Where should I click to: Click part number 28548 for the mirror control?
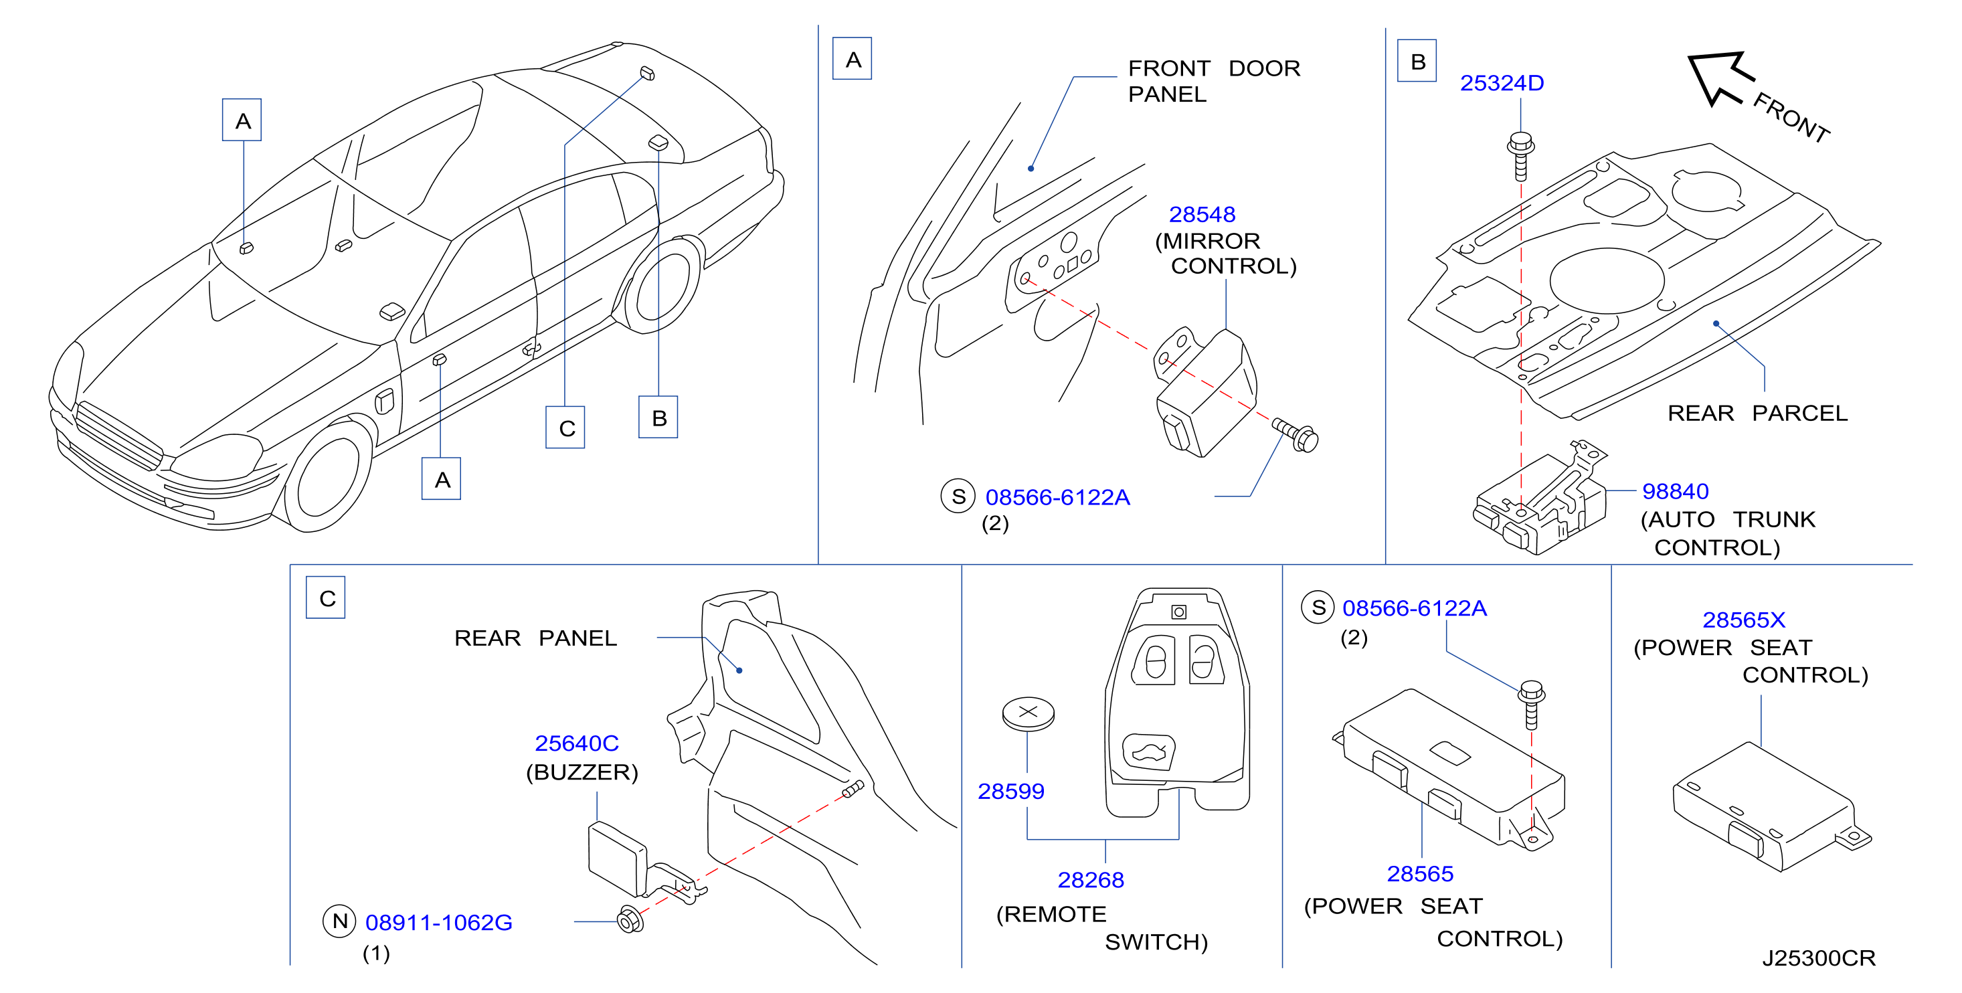pos(1202,215)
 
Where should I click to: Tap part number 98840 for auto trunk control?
pos(1675,491)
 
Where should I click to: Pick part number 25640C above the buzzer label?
pos(577,743)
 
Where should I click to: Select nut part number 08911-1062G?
pos(439,922)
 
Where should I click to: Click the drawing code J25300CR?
pos(1818,958)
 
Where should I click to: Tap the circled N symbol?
pos(340,921)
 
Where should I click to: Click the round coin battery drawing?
pos(1029,713)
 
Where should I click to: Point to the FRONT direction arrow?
pos(1720,77)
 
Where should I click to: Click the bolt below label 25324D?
pos(1521,155)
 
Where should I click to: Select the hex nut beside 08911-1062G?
pos(630,919)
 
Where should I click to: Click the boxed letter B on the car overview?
pos(658,418)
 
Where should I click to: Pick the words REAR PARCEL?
pos(1757,414)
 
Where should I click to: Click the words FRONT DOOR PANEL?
pos(1214,82)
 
